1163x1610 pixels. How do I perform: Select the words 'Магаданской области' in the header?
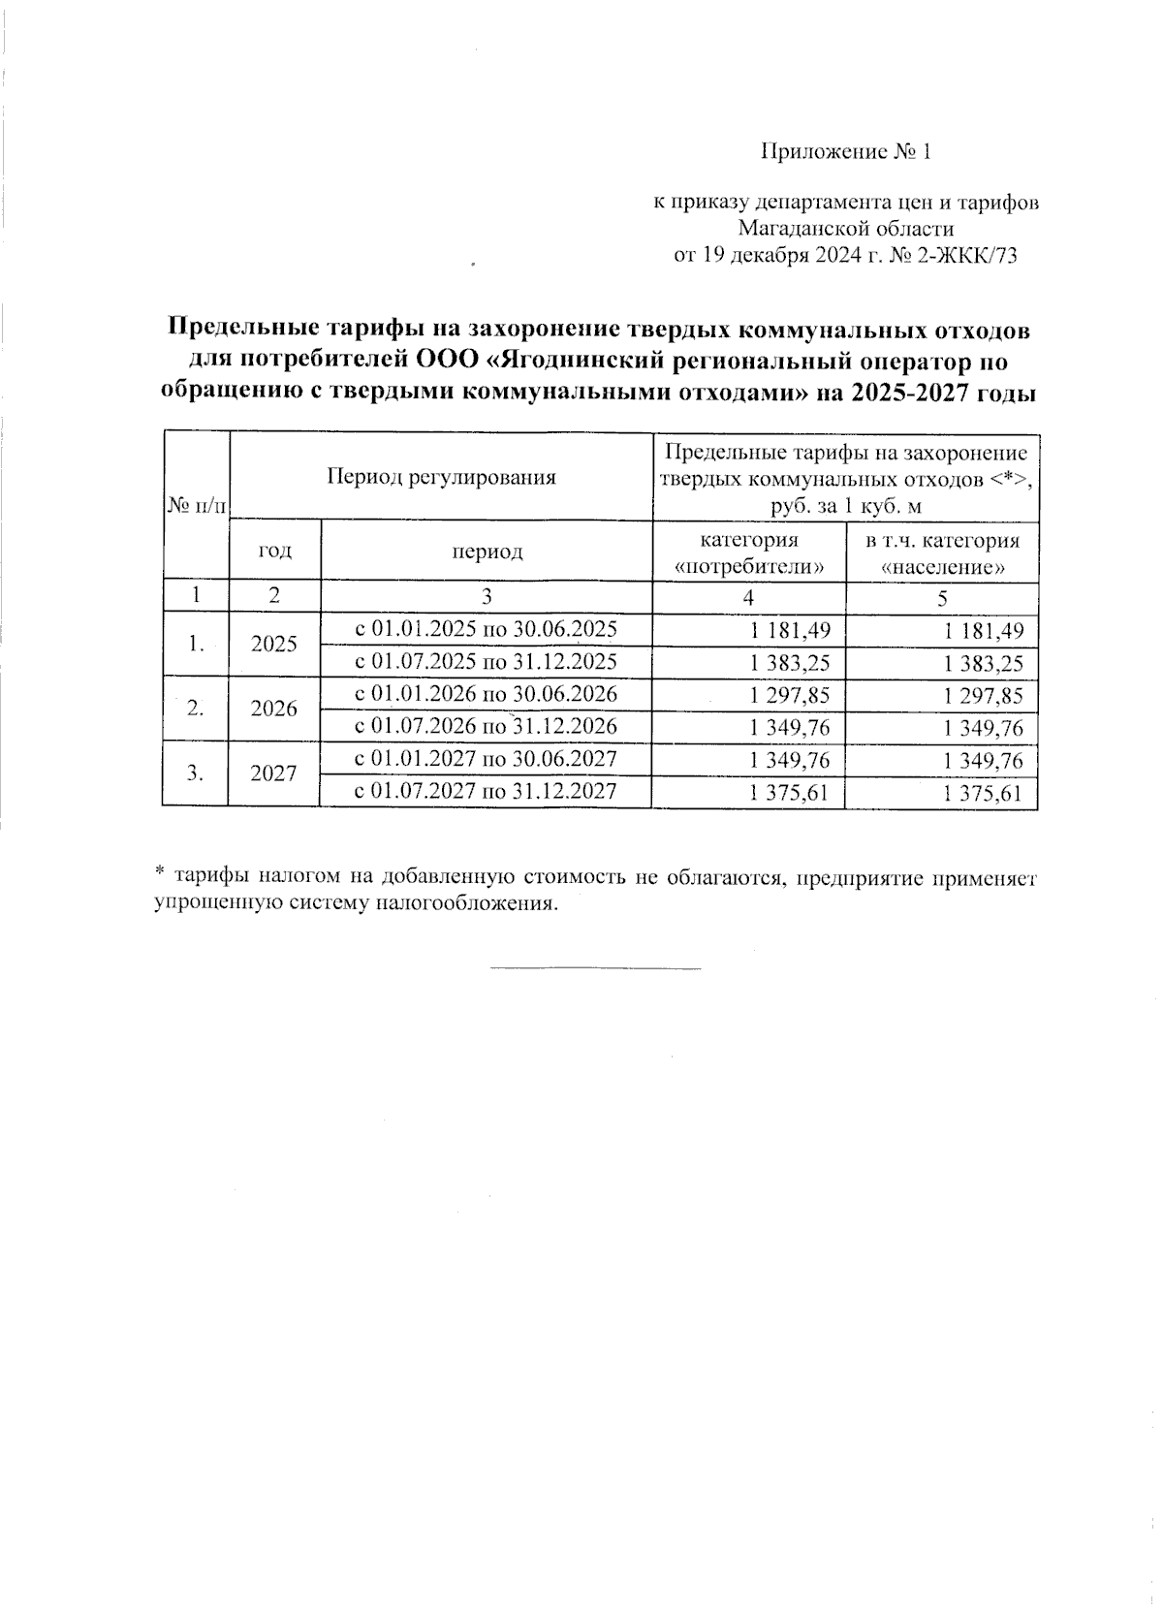(845, 230)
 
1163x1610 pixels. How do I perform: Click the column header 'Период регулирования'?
(440, 477)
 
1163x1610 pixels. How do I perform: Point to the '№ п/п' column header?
(196, 505)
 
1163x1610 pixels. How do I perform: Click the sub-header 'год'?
(274, 551)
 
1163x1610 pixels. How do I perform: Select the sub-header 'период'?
(486, 552)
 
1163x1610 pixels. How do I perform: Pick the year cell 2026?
(273, 709)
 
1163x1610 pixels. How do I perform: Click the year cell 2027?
(273, 773)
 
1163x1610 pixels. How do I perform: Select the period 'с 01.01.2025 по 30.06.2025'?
(486, 629)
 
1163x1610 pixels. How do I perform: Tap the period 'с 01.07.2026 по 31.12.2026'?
(486, 726)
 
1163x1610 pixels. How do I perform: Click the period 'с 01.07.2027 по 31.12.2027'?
(486, 791)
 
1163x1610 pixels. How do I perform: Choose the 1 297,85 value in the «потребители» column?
(790, 695)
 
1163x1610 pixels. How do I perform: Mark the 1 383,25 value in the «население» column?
(984, 664)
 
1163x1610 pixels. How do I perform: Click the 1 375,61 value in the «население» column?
(984, 795)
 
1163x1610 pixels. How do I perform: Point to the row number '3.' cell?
(196, 773)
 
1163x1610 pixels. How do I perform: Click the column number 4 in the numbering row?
(748, 598)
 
